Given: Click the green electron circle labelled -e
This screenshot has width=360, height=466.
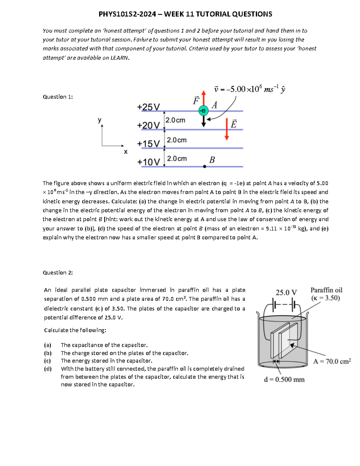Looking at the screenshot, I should click(203, 111).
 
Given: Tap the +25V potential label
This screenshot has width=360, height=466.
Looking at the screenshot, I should click(148, 107).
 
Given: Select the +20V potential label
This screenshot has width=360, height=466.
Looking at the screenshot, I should click(148, 125).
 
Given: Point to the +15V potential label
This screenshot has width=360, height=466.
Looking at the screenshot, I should click(148, 144).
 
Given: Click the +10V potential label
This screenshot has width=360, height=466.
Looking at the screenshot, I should click(148, 162).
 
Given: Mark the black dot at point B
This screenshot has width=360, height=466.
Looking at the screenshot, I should click(205, 167).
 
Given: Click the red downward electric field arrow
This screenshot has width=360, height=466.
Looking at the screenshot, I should click(227, 129).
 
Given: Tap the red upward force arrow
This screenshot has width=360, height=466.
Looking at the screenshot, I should click(204, 98).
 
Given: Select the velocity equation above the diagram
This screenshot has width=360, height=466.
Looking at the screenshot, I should click(249, 89).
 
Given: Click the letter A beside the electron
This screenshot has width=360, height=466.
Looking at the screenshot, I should click(214, 105).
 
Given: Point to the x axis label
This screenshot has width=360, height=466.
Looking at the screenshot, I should click(126, 152).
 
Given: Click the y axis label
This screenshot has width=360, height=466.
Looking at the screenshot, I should click(99, 120).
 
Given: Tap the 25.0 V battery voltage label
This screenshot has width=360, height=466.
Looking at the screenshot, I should click(286, 292).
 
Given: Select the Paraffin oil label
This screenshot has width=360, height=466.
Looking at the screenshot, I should click(326, 290).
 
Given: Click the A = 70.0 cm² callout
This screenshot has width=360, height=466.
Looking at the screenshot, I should click(332, 362).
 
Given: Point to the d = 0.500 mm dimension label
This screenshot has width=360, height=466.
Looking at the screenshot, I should click(284, 380).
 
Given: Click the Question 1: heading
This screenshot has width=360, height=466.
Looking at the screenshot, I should click(58, 97).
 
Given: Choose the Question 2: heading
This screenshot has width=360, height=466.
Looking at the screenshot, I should click(58, 272).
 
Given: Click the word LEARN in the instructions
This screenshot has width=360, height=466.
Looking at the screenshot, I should click(120, 58).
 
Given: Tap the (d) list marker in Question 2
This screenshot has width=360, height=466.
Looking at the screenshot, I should click(48, 369).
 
